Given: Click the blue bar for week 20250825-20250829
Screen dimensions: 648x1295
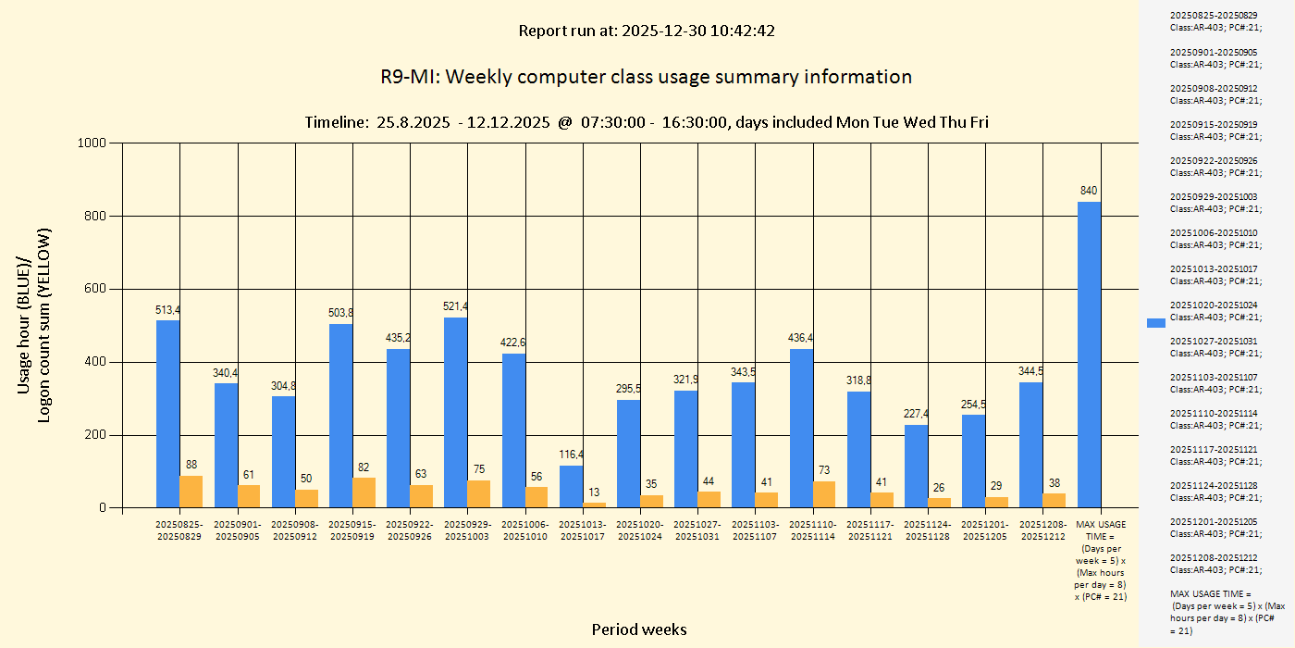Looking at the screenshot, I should tap(167, 414).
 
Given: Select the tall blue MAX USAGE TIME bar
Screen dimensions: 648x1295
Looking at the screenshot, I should tap(1089, 355).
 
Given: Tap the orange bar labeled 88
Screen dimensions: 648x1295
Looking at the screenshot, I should tap(191, 492).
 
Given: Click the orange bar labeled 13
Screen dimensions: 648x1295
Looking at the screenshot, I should tap(594, 505).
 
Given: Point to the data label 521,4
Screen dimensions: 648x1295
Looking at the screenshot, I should tap(456, 306).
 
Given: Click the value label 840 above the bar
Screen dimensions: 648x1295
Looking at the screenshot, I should tap(1089, 191).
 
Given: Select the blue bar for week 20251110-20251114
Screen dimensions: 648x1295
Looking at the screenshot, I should tap(801, 428).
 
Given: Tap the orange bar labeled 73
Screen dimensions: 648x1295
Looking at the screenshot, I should tap(824, 494).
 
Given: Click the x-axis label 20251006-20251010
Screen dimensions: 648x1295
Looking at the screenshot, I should tap(524, 530).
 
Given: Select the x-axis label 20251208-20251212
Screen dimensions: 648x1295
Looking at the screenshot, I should tap(1042, 530).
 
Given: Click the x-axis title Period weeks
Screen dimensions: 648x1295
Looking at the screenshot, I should tap(639, 629).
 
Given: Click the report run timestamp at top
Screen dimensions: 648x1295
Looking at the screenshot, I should tap(647, 31).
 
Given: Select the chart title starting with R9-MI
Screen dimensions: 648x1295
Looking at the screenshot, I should tap(646, 77).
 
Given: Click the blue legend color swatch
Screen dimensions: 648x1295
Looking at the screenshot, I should tap(1155, 322).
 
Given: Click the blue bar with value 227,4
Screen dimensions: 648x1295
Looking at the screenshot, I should tap(916, 466).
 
